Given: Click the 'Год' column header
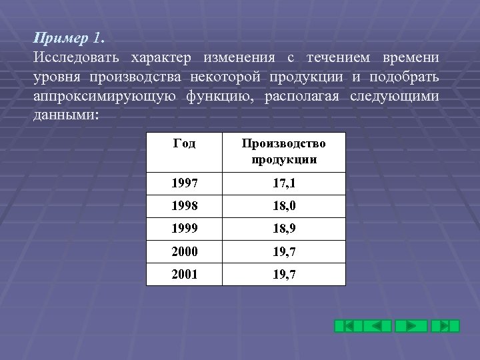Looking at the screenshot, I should [184, 143].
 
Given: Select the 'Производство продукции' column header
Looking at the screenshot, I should [284, 151].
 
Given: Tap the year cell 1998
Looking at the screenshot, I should [185, 207].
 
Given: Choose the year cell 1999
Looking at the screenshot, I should [185, 229].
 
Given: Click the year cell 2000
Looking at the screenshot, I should [185, 252].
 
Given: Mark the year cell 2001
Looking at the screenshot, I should [185, 275].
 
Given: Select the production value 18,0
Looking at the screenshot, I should [284, 207].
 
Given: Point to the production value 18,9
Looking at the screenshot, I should [284, 229].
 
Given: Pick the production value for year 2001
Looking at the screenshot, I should [284, 275].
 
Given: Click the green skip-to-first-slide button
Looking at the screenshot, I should [348, 326].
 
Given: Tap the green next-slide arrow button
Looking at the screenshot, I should [411, 326].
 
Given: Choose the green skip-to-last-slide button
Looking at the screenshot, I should [445, 326].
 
